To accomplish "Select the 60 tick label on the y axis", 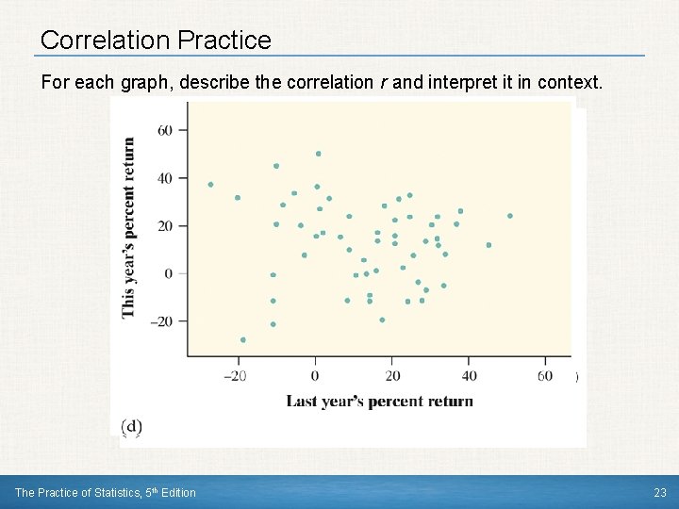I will [x=164, y=130].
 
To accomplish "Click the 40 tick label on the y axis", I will [x=164, y=178].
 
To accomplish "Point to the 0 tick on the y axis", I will [x=168, y=274].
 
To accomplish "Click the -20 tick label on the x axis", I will [x=235, y=376].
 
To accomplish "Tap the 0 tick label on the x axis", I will [x=316, y=376].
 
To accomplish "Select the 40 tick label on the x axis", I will [x=469, y=376].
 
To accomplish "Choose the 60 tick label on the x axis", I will [x=545, y=376].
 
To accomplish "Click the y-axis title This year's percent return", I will [x=128, y=227].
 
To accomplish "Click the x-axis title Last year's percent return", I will [x=379, y=402].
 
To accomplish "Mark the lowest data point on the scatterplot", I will [x=243, y=339].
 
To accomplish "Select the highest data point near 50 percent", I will [x=319, y=154].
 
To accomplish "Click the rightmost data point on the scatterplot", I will [x=510, y=216].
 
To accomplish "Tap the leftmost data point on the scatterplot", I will [x=210, y=185].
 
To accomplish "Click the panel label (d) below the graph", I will [x=132, y=426].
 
